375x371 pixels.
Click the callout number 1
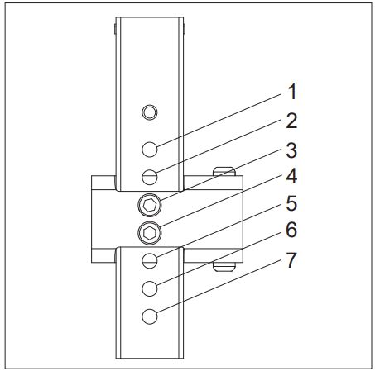(291, 92)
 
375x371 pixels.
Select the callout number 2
(291, 121)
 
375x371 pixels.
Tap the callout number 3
(291, 150)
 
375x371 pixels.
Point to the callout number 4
(291, 176)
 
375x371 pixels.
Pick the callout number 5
(291, 203)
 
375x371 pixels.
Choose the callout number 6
(291, 230)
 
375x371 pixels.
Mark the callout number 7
(291, 259)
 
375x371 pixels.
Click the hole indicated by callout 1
(150, 150)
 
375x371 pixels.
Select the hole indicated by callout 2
(150, 177)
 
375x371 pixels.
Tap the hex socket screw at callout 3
(150, 205)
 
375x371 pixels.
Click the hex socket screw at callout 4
(150, 233)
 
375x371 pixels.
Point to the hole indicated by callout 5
(150, 260)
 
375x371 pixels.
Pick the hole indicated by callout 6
(150, 288)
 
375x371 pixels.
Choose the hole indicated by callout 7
(150, 316)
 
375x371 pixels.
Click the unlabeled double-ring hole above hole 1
(150, 112)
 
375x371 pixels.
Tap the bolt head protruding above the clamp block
(224, 171)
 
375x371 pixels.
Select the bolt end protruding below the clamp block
(224, 267)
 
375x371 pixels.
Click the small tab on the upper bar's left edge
(114, 29)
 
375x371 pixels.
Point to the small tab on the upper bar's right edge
(185, 29)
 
